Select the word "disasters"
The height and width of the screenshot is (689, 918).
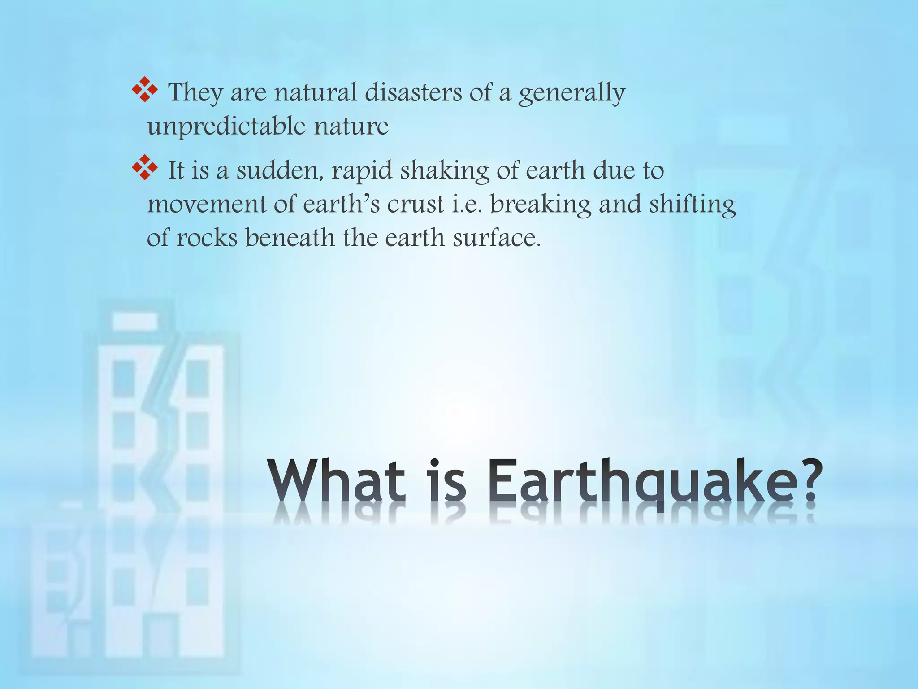coord(413,92)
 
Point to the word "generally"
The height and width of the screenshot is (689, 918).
coord(572,94)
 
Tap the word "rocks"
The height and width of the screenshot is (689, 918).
coord(207,238)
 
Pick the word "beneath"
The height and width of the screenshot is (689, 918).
coord(290,238)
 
